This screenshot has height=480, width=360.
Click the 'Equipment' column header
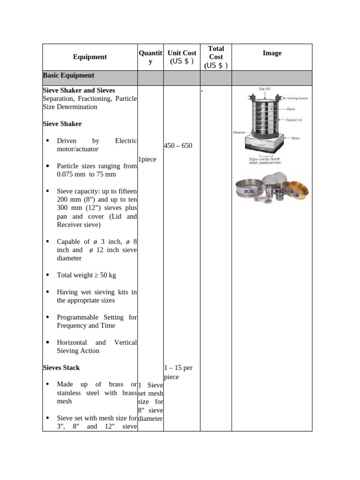click(90, 57)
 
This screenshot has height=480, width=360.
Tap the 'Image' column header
click(272, 53)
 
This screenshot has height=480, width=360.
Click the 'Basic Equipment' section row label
click(68, 75)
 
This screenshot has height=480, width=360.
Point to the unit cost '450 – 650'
click(178, 146)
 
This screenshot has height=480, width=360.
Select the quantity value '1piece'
click(148, 159)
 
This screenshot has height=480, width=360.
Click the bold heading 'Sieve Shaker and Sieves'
click(79, 90)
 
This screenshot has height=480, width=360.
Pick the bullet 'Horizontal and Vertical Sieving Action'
click(97, 346)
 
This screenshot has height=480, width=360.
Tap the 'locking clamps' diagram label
click(298, 98)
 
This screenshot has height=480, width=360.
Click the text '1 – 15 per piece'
click(178, 372)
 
